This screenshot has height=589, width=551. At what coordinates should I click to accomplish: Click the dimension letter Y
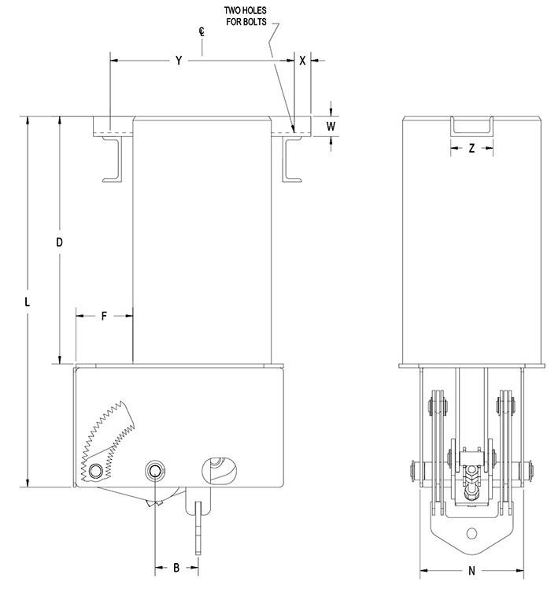(179, 60)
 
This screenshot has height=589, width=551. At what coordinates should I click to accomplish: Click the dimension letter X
(302, 60)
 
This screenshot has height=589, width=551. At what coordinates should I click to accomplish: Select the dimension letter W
(331, 125)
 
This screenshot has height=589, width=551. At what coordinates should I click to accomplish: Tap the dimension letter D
(59, 242)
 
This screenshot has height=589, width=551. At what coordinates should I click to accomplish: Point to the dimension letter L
(28, 302)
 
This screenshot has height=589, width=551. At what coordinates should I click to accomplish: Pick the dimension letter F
(104, 316)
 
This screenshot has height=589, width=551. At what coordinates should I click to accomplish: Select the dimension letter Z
(471, 147)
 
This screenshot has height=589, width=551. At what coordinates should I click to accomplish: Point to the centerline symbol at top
(202, 34)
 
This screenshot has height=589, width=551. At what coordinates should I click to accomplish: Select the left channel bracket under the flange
(114, 161)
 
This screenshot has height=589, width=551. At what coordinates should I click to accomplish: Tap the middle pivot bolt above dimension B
(155, 471)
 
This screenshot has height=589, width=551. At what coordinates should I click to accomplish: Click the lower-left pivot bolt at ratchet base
(96, 471)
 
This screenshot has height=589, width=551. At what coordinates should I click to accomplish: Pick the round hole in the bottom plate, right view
(471, 532)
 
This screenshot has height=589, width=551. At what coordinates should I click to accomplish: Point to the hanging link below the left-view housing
(198, 516)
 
